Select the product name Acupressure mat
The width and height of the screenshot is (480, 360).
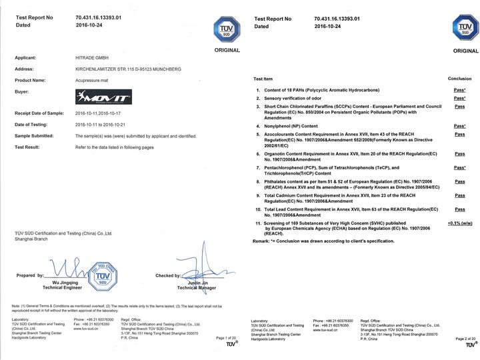pos(96,80)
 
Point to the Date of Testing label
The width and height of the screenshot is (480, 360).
pos(33,124)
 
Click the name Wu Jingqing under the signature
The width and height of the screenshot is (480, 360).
pos(59,283)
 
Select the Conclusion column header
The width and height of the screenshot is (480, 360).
pos(459,79)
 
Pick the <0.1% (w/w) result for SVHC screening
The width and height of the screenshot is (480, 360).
pos(459,224)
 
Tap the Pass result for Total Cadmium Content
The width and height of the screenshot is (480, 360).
pos(459,195)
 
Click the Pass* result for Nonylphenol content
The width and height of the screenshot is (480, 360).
pos(459,125)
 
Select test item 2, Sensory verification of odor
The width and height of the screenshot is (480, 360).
pos(298,98)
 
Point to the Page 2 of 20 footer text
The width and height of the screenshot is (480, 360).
pos(465,338)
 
